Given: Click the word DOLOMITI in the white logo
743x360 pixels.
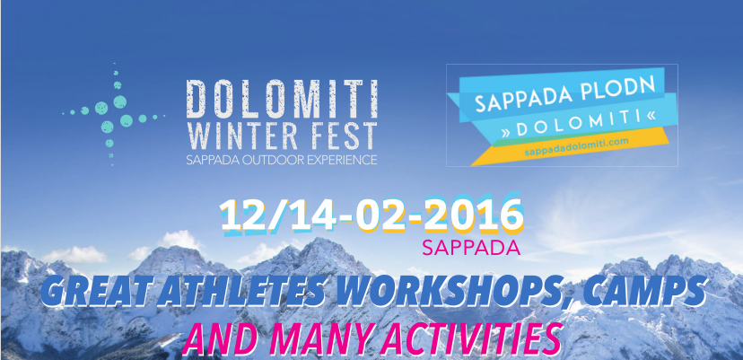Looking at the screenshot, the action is [x=282, y=99].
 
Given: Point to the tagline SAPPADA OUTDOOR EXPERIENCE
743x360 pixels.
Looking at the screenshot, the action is [x=282, y=159].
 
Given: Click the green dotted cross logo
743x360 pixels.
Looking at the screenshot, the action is [x=114, y=114].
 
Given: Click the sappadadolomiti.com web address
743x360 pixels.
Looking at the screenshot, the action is [x=577, y=147].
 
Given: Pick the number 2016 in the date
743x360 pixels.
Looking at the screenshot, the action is [x=473, y=215].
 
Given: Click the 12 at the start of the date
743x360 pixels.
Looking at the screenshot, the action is [x=248, y=215].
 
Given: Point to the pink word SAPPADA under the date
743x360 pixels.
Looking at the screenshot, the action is [x=470, y=247].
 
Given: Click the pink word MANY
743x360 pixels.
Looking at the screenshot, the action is [x=323, y=340].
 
